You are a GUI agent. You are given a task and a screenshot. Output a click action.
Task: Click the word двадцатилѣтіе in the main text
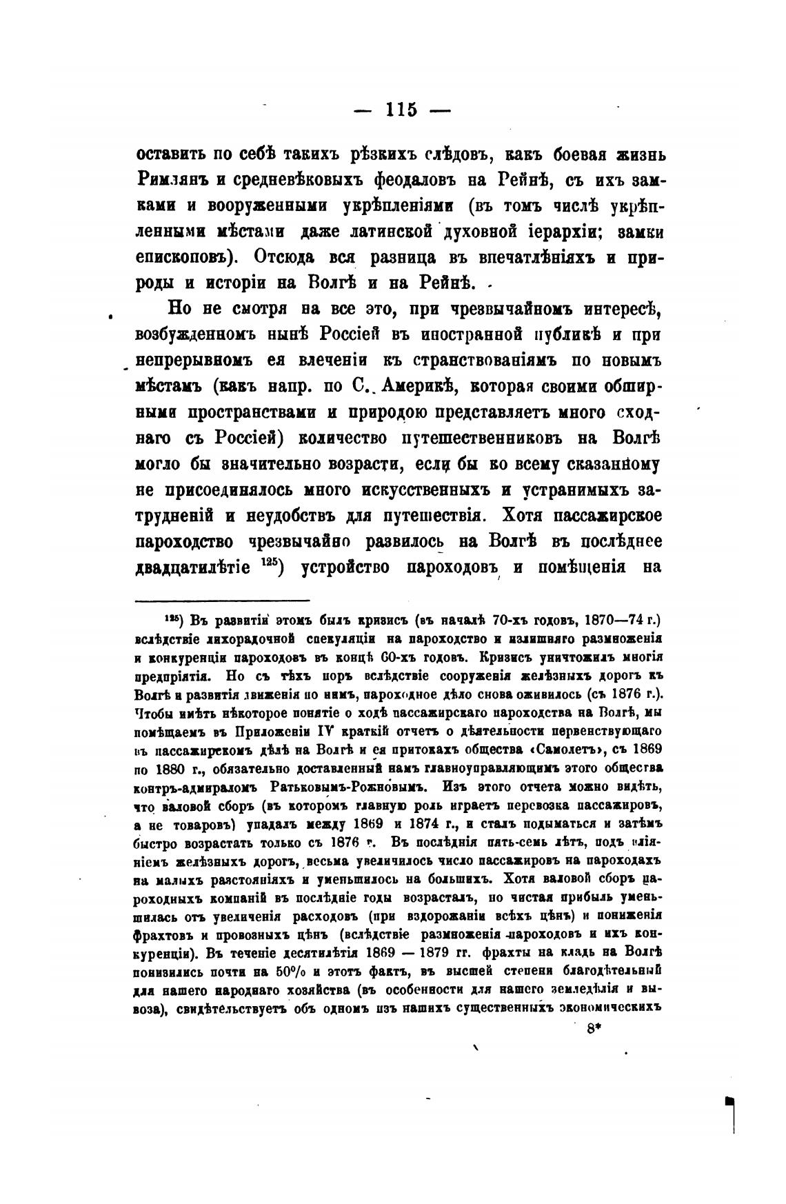194,568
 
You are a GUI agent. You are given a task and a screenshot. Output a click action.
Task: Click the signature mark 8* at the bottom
592,1027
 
